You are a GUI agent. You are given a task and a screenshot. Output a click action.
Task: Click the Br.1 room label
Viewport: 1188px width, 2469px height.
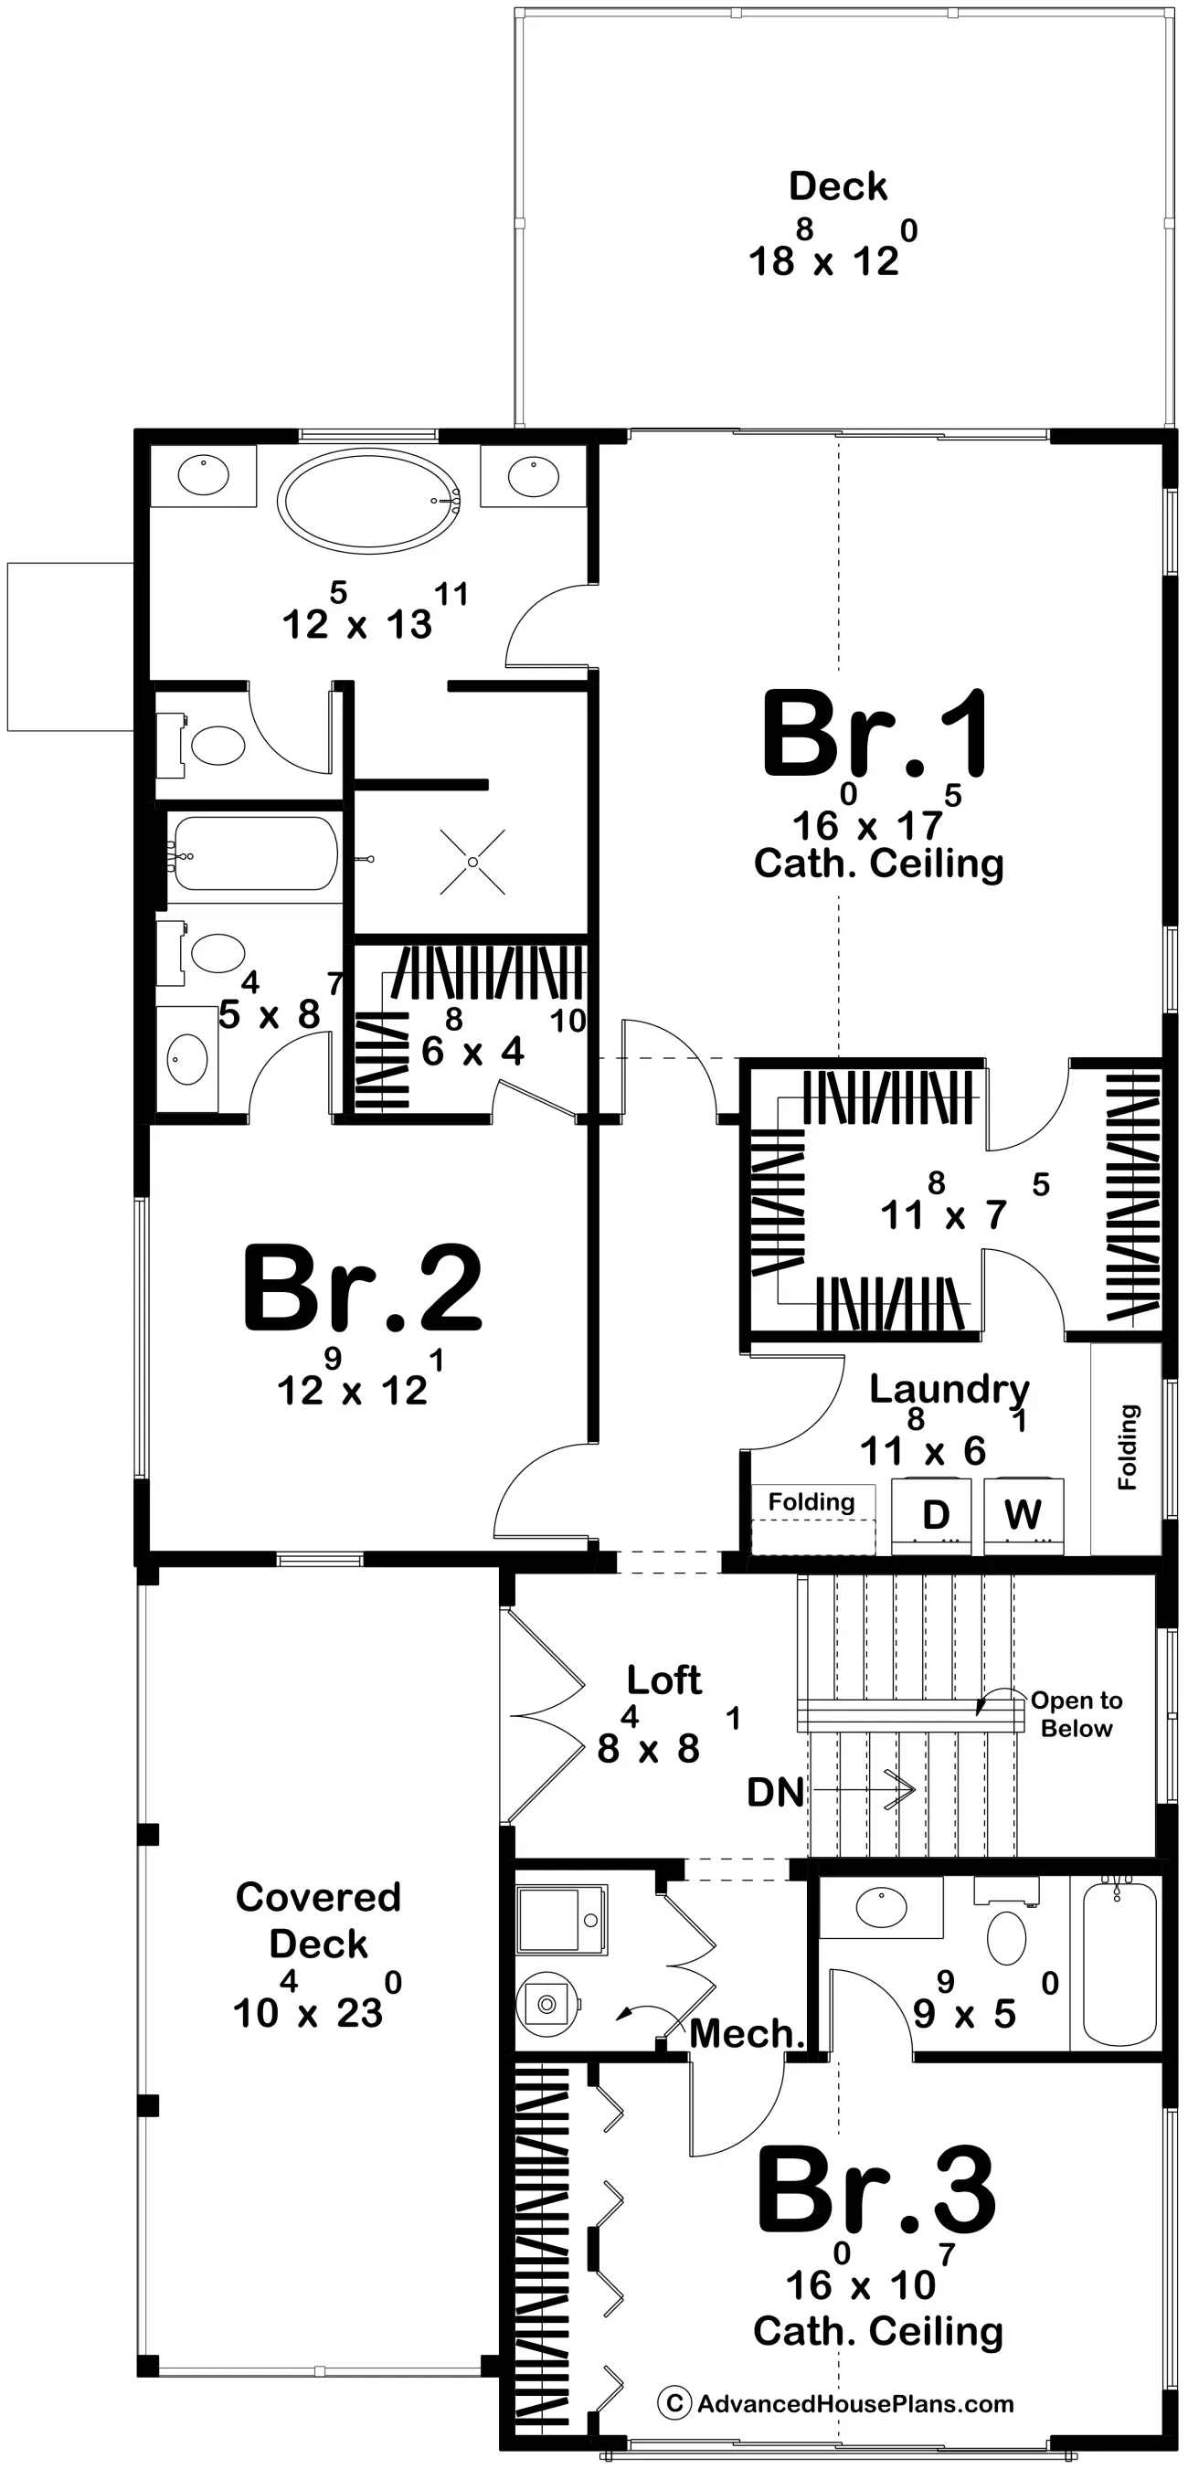click(875, 736)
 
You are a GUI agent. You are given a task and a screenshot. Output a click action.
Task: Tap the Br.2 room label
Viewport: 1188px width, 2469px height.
click(363, 1289)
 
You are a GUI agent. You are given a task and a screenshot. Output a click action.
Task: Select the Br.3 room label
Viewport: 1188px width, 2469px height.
click(875, 2191)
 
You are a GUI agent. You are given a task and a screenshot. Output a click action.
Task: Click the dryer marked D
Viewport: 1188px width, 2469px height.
click(934, 1515)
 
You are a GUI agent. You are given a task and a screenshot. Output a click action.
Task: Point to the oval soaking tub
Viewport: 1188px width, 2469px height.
click(368, 502)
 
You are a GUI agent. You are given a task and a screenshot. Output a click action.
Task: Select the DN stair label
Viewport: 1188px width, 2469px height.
click(775, 1792)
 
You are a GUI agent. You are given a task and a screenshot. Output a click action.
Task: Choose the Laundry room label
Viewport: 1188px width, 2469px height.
click(949, 1389)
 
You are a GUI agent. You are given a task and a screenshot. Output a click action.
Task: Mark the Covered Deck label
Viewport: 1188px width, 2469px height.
click(318, 1921)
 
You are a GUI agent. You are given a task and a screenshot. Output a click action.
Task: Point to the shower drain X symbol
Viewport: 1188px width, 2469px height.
click(472, 863)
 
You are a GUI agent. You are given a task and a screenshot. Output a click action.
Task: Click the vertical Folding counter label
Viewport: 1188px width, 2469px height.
click(1128, 1447)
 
